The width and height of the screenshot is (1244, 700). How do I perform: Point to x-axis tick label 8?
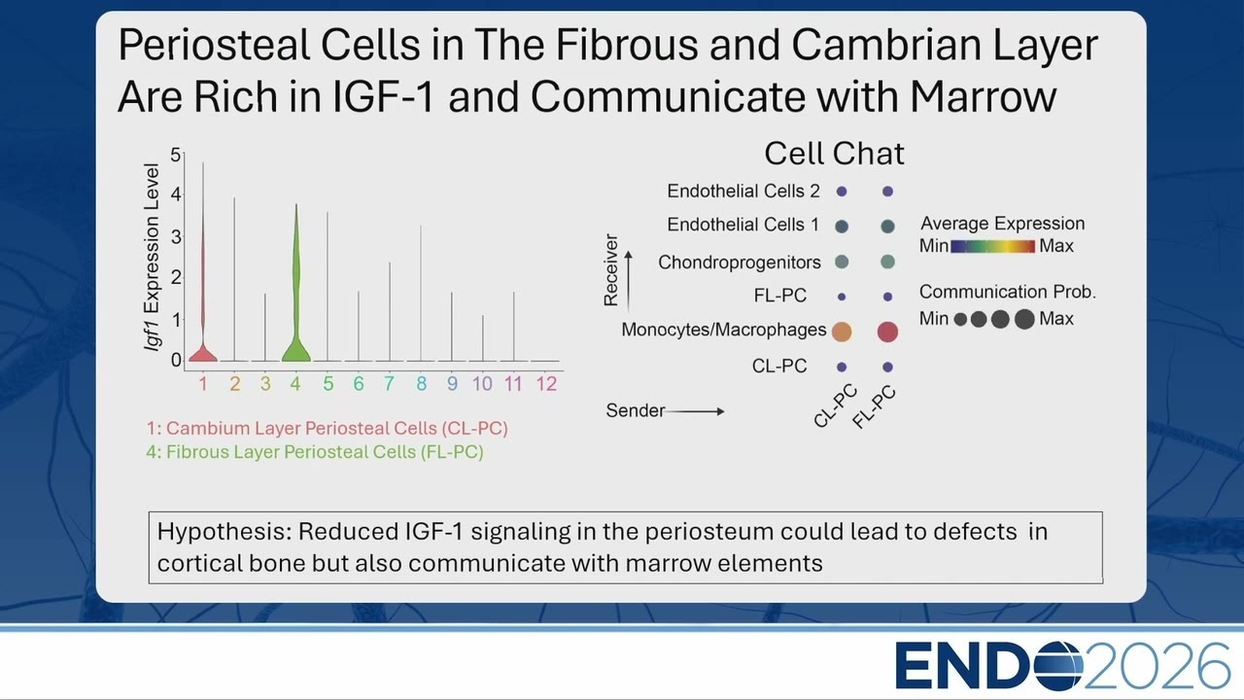(422, 383)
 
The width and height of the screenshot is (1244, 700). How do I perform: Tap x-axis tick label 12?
(546, 383)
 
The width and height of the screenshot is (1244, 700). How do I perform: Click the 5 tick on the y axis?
(176, 155)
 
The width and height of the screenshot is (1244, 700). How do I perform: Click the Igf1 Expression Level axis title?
(151, 257)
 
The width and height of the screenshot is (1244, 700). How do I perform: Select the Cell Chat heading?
(834, 154)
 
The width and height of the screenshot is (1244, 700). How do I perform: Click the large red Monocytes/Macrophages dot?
(887, 332)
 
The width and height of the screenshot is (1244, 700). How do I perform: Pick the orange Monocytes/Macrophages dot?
(842, 332)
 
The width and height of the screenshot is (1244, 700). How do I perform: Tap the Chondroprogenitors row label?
(740, 262)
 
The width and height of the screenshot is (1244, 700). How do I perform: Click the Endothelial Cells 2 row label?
(743, 192)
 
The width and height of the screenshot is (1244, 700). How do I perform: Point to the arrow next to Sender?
(695, 411)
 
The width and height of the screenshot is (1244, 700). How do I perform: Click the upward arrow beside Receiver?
(628, 281)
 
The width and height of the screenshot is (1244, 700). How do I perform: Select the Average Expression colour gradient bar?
(993, 246)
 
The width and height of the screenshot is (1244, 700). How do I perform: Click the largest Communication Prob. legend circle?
(1024, 319)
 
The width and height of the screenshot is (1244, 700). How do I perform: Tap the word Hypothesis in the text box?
(225, 532)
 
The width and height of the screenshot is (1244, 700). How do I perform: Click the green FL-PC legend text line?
(314, 452)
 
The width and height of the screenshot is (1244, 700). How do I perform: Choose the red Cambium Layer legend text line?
(328, 429)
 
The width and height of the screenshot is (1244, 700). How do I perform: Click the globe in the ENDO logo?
(1058, 666)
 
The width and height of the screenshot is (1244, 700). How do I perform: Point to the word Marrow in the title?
(983, 96)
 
